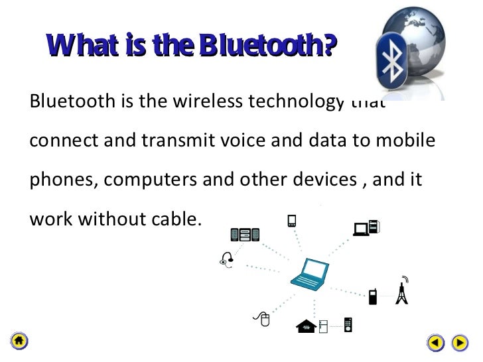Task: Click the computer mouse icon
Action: (x=265, y=320)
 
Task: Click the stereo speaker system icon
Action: (x=244, y=233)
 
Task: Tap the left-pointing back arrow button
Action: (x=435, y=343)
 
